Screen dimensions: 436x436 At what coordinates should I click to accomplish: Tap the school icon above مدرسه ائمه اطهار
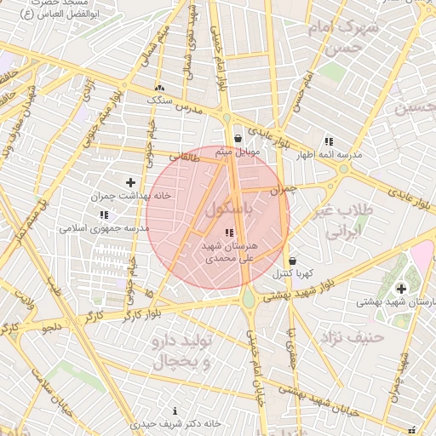point(328,142)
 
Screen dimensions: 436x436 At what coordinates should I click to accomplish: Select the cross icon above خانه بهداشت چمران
point(130,182)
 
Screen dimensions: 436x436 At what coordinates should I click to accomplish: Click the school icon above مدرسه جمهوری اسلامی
point(104,215)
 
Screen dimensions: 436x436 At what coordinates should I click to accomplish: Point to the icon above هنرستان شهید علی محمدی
point(227,232)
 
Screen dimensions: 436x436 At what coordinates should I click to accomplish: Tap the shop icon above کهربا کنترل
point(293,261)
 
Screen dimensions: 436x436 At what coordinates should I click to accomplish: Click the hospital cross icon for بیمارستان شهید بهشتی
point(401,289)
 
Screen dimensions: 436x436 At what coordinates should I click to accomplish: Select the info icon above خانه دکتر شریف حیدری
point(176,410)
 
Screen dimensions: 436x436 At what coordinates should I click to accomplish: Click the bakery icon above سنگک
point(159,88)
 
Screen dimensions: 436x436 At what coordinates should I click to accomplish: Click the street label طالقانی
point(185,157)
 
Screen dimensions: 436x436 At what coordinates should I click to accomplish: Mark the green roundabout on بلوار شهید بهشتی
point(248,299)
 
